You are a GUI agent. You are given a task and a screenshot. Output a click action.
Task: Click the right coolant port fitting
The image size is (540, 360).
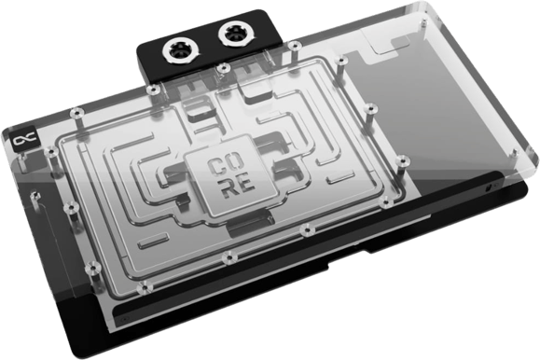236,35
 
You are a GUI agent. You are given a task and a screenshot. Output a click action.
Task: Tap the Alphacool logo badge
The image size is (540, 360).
24,140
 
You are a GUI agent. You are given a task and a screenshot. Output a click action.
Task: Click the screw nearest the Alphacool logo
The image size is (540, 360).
51,152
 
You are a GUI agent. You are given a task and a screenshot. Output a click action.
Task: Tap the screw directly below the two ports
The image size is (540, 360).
224,67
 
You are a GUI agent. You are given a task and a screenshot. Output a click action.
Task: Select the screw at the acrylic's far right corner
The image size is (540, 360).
515,152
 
